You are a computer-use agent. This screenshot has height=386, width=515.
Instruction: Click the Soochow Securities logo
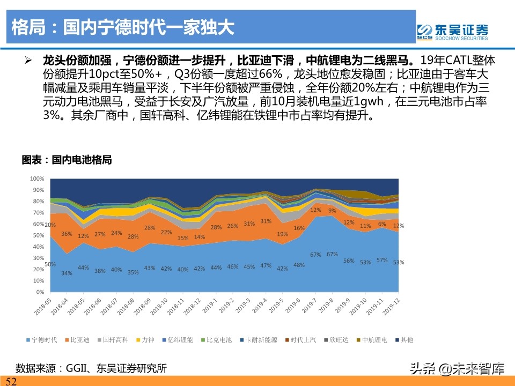453,32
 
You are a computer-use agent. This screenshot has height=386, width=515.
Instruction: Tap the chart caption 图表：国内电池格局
67,160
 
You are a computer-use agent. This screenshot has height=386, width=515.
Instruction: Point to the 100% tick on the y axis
37,179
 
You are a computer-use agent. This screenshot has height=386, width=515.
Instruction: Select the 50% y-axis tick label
37,235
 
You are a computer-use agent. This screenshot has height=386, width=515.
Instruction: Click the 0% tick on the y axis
40,292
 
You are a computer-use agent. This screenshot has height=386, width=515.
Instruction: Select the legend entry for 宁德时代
42,339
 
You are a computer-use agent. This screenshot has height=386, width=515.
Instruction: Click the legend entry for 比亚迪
79,339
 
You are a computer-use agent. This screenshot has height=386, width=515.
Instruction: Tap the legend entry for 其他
404,339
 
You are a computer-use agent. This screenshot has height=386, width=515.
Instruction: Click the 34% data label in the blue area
67,273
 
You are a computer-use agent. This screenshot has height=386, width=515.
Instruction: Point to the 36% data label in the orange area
67,234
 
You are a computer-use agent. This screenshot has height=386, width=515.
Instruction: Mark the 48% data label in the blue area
299,265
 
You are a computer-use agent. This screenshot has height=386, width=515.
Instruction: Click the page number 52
11,381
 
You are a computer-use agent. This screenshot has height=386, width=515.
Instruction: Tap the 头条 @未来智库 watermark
457,368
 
